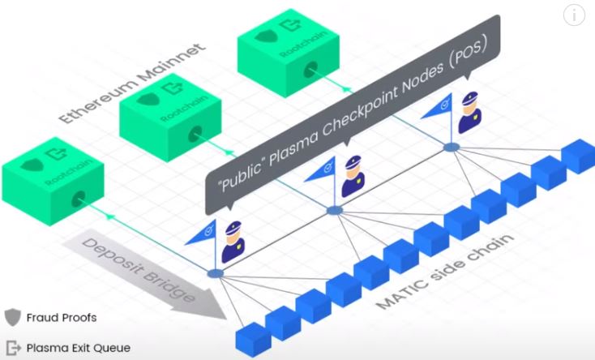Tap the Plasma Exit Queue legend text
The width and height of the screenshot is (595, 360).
click(78, 348)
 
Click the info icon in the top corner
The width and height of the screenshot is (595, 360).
click(575, 15)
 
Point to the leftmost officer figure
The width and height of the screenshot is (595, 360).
click(233, 241)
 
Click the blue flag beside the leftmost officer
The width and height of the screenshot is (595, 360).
click(200, 232)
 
